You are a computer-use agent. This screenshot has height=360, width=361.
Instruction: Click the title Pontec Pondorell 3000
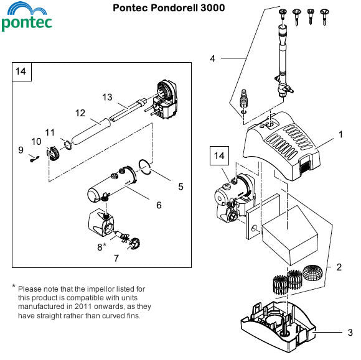[x=169, y=8]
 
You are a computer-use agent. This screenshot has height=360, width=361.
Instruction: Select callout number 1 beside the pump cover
[x=340, y=134]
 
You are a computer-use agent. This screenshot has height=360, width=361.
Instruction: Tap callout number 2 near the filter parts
[x=339, y=267]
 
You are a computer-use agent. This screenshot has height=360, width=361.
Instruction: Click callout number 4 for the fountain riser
[x=213, y=59]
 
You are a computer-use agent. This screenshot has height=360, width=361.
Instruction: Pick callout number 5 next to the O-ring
[x=180, y=186]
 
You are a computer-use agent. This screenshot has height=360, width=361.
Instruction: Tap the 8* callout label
[x=101, y=247]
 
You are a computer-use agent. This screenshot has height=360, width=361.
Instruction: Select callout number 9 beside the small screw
[x=21, y=149]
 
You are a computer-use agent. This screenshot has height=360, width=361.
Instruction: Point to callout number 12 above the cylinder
[x=80, y=113]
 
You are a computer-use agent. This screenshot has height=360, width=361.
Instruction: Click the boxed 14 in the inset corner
[x=21, y=72]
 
